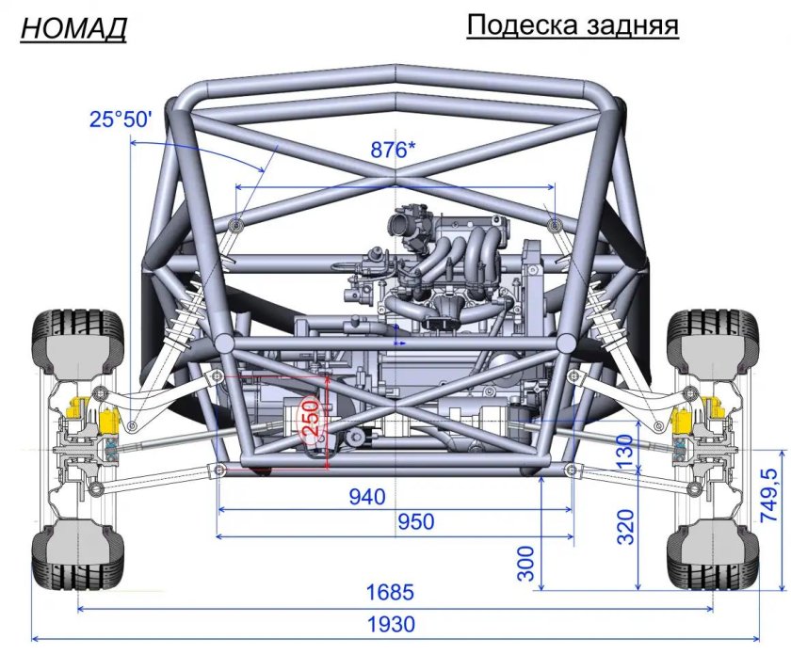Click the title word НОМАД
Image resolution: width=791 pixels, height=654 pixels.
(73, 29)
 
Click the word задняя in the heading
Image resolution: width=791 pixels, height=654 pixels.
(634, 25)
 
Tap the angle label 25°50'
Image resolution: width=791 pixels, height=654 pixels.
(121, 120)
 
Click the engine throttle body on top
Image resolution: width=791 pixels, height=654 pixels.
(410, 227)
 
